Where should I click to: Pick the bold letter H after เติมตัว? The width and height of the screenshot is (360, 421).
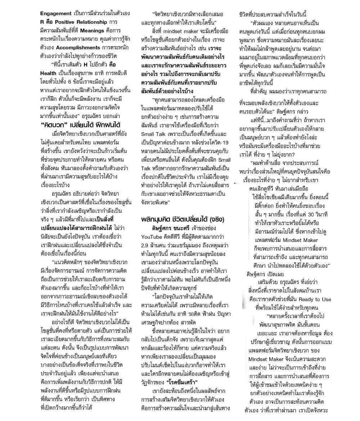tap(85, 64)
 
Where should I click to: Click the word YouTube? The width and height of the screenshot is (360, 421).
tap(152, 236)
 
